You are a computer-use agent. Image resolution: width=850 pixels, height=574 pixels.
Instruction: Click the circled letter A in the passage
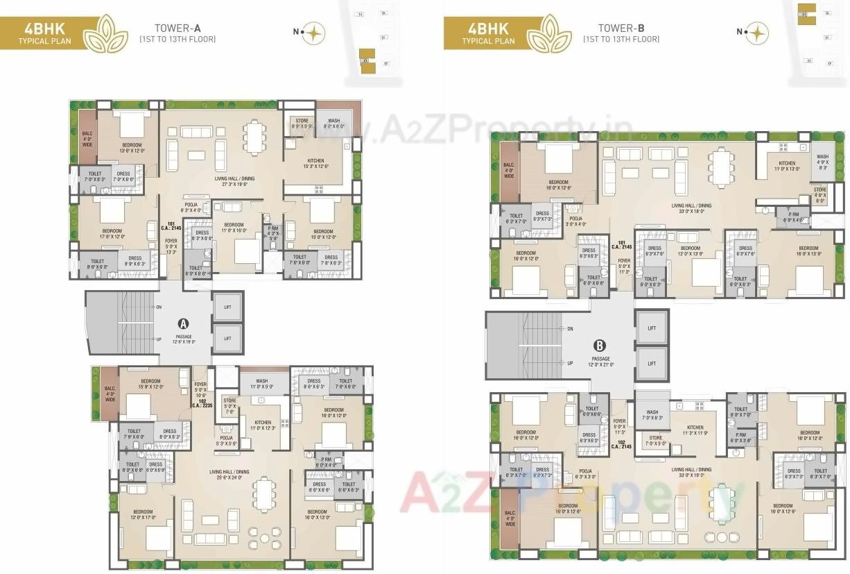[x=184, y=323]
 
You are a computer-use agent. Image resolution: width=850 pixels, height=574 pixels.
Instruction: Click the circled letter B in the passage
[x=599, y=345]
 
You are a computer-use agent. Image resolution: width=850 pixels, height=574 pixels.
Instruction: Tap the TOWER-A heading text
[x=177, y=28]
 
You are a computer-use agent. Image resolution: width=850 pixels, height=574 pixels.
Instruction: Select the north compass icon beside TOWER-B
[x=756, y=33]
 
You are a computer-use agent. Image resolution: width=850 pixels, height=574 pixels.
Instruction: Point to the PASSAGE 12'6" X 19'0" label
[x=184, y=339]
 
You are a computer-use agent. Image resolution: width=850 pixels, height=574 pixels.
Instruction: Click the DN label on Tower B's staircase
[x=570, y=328]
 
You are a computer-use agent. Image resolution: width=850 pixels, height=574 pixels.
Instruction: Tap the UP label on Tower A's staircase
[x=158, y=339]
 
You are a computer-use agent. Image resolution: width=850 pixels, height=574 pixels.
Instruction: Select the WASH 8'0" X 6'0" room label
[x=334, y=124]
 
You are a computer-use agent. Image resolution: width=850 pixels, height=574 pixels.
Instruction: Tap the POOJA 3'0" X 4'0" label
[x=575, y=221]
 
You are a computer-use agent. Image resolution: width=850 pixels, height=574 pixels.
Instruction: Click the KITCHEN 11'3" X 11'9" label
[x=695, y=430]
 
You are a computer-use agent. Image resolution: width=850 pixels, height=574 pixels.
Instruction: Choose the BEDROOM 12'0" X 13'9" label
[x=690, y=251]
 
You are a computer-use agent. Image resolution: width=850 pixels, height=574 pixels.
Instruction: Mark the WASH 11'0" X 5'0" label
[x=261, y=384]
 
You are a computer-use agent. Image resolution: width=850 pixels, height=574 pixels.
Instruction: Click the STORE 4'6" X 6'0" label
[x=820, y=193]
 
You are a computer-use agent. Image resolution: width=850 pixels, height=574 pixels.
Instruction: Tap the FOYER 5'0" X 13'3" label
[x=171, y=246]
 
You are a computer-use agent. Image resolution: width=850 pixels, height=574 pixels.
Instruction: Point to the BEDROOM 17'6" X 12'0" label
[x=112, y=234]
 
